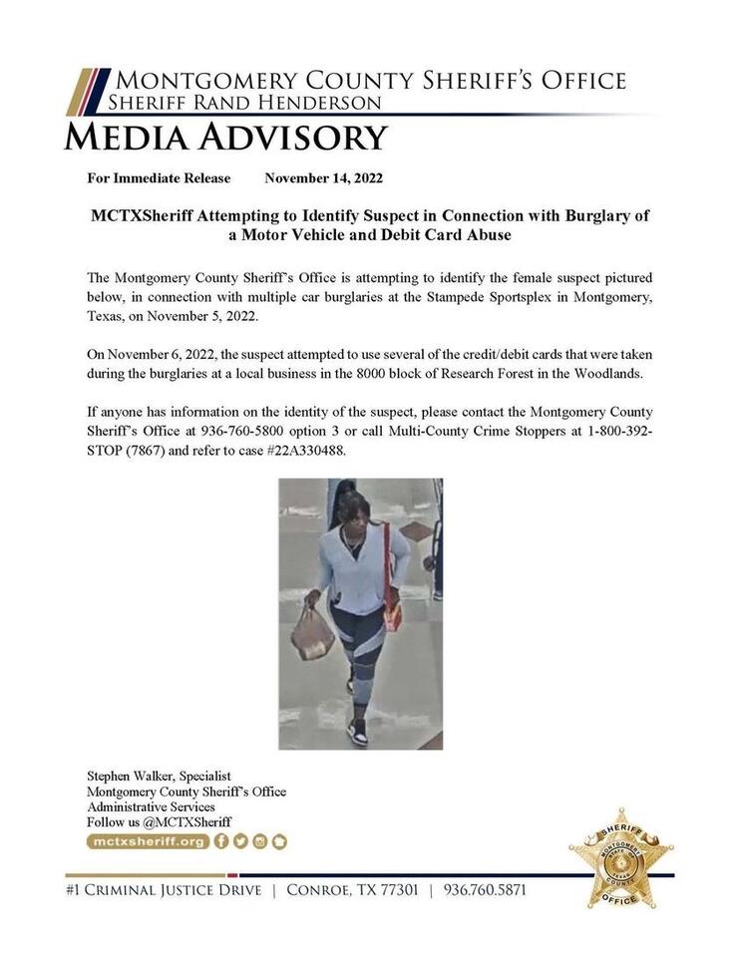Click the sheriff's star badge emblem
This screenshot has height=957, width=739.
(x=621, y=857)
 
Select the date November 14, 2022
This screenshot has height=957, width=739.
(x=324, y=178)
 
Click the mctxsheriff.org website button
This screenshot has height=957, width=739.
(x=148, y=841)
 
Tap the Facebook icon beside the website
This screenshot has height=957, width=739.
(x=221, y=841)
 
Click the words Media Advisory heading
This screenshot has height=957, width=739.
(x=225, y=137)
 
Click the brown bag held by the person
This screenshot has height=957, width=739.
(x=313, y=635)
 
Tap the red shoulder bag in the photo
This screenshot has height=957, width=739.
(x=391, y=603)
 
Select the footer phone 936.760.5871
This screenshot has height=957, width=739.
(x=485, y=889)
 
